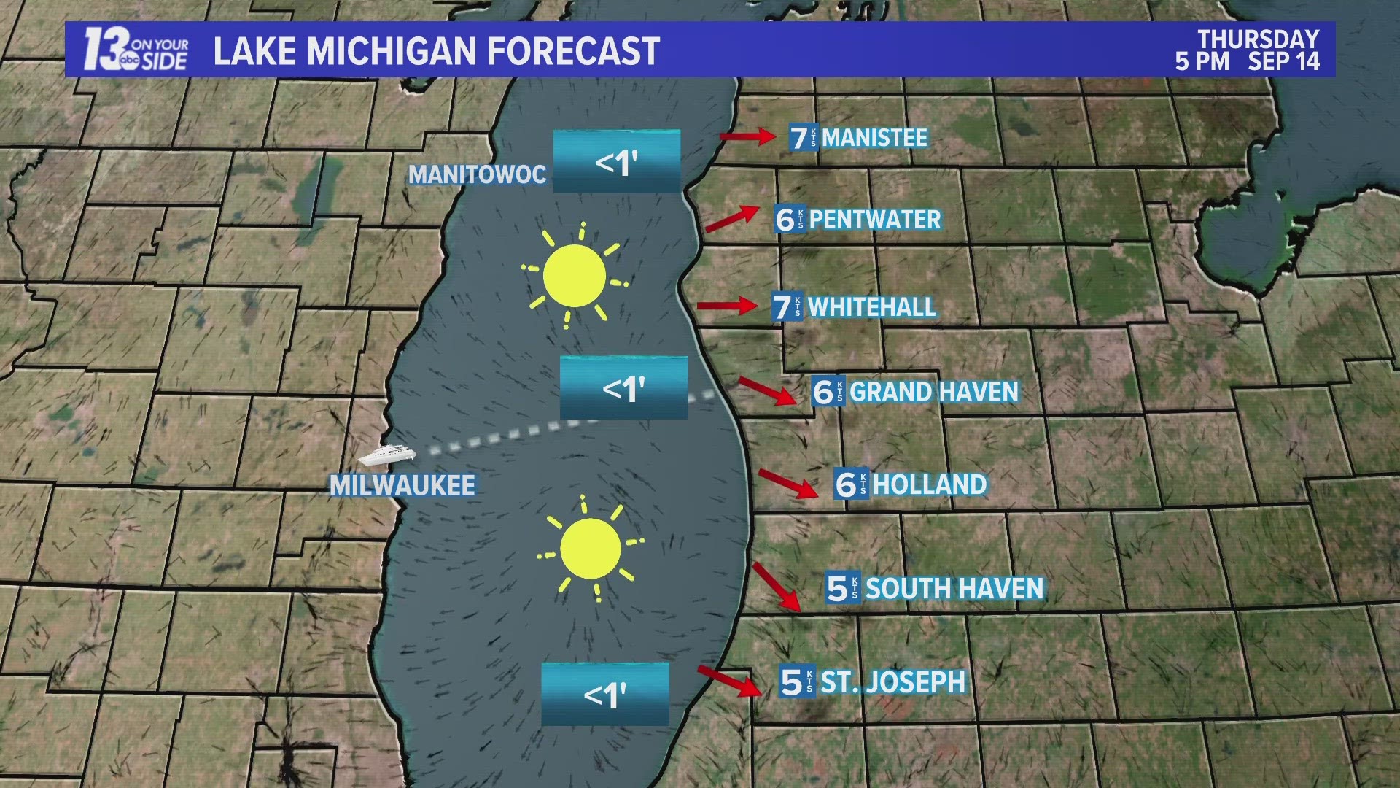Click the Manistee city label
click(x=874, y=137)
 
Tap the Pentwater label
click(x=875, y=219)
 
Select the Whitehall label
click(x=871, y=307)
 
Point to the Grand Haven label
click(x=933, y=392)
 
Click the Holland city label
click(x=930, y=484)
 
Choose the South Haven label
click(x=954, y=588)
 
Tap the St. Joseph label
click(x=893, y=682)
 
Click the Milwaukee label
click(x=402, y=486)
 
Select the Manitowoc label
click(x=477, y=174)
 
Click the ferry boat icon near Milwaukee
click(x=386, y=456)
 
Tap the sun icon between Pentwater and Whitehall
click(x=575, y=276)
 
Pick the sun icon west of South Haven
click(x=591, y=549)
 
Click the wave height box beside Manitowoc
click(x=616, y=162)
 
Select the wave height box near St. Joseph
click(x=605, y=694)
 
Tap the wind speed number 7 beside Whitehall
click(x=782, y=307)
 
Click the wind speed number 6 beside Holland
click(x=846, y=484)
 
